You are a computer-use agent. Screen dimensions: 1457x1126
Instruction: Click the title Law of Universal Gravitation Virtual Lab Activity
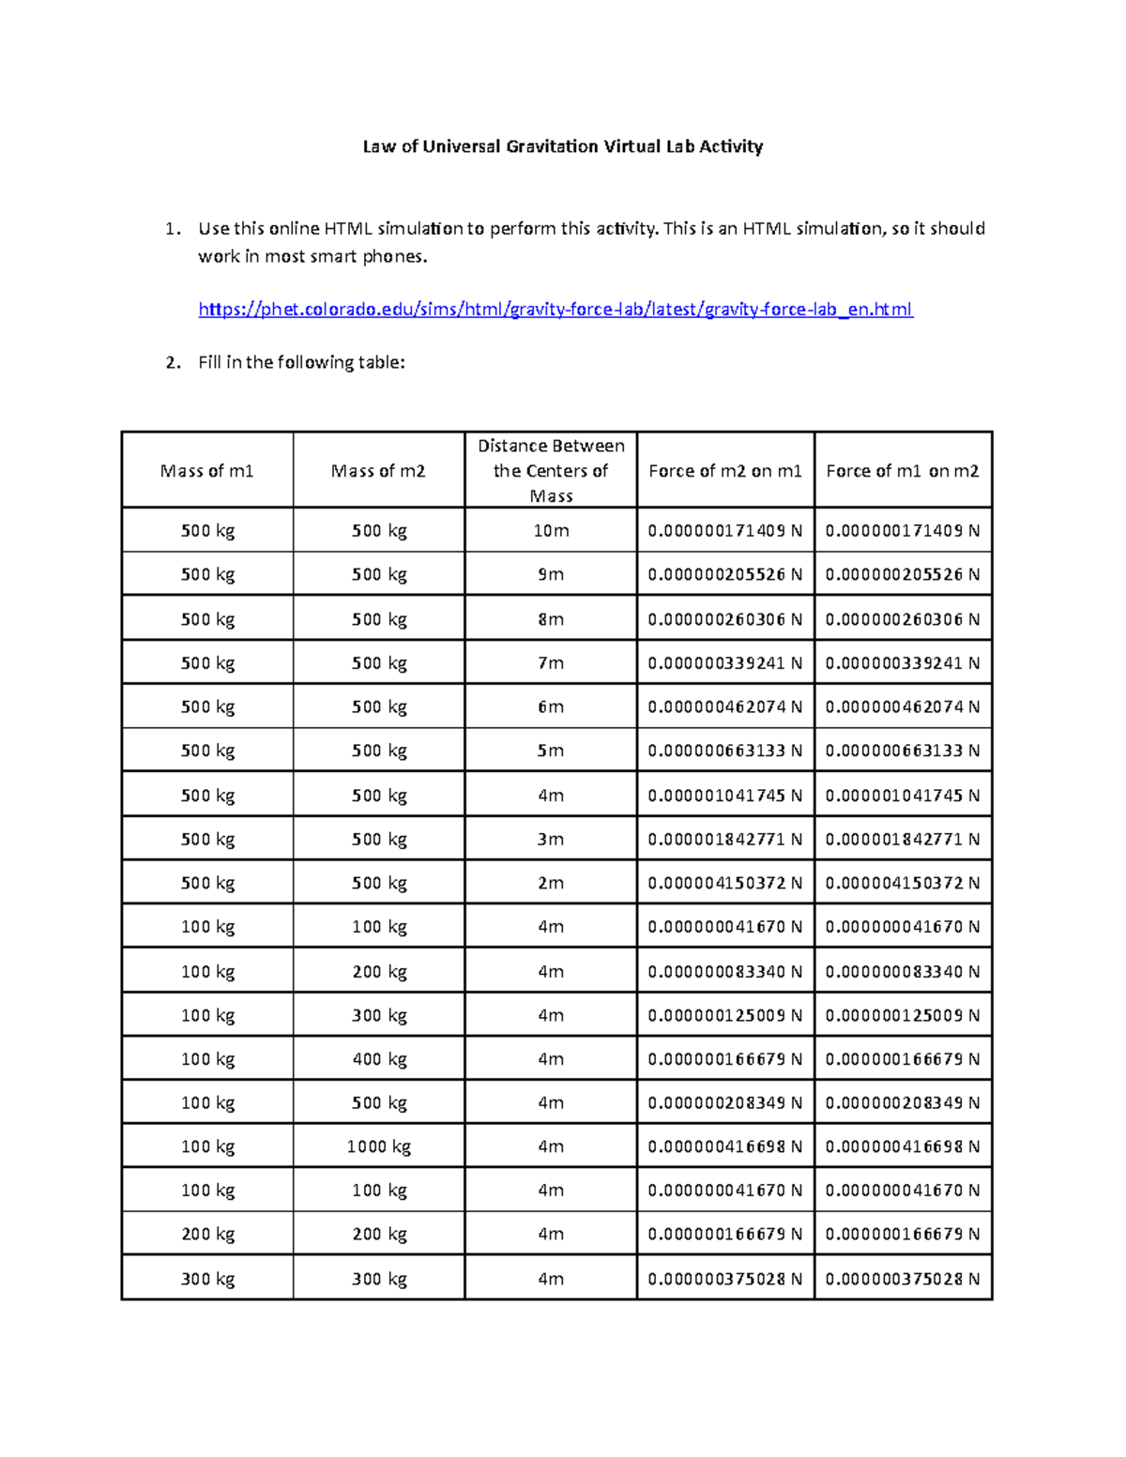tap(563, 146)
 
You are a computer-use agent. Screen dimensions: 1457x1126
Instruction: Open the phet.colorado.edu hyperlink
tap(555, 310)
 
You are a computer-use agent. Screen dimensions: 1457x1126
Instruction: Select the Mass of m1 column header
tap(207, 471)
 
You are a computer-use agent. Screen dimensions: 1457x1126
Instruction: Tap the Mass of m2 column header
tap(378, 471)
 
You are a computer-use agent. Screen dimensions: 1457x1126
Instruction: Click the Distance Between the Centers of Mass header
tap(551, 471)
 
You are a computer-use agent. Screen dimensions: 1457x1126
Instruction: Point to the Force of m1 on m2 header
tap(902, 471)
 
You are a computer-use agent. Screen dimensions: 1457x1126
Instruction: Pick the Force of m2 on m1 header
tap(724, 471)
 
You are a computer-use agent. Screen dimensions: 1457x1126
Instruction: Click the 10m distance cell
tap(551, 531)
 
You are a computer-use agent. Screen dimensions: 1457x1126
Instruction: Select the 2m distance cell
tap(551, 883)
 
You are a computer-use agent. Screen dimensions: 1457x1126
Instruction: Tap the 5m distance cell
tap(551, 751)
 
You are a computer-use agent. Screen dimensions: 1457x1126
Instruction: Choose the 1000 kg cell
tap(378, 1146)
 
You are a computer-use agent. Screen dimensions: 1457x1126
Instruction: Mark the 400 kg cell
tap(378, 1059)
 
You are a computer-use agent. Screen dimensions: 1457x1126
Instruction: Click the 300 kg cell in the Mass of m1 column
tap(207, 1279)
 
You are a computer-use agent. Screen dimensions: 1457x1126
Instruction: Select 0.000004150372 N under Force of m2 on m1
tap(724, 883)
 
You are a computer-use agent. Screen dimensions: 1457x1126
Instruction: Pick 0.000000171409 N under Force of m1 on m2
tap(902, 531)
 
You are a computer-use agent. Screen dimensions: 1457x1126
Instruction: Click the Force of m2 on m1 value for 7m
tap(724, 663)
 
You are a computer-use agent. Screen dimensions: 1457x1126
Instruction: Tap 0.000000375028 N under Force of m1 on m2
tap(902, 1279)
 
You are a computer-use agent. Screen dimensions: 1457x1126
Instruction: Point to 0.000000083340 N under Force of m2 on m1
tap(724, 972)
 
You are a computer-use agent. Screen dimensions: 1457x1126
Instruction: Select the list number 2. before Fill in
tap(173, 363)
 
